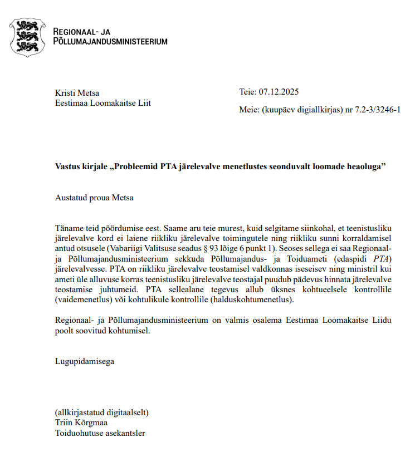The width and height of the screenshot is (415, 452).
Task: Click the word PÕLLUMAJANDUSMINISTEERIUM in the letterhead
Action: point(110,41)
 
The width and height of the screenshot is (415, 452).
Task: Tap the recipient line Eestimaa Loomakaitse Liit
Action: point(103,103)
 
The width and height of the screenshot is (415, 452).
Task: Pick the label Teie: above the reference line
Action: point(247,92)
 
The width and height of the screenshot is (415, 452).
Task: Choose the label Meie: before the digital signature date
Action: point(249,110)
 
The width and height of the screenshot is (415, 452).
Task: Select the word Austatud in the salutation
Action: point(71,197)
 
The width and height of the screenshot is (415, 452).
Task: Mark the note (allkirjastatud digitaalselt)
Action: point(102,412)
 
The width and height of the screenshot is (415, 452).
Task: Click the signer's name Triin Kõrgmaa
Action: point(82,422)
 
